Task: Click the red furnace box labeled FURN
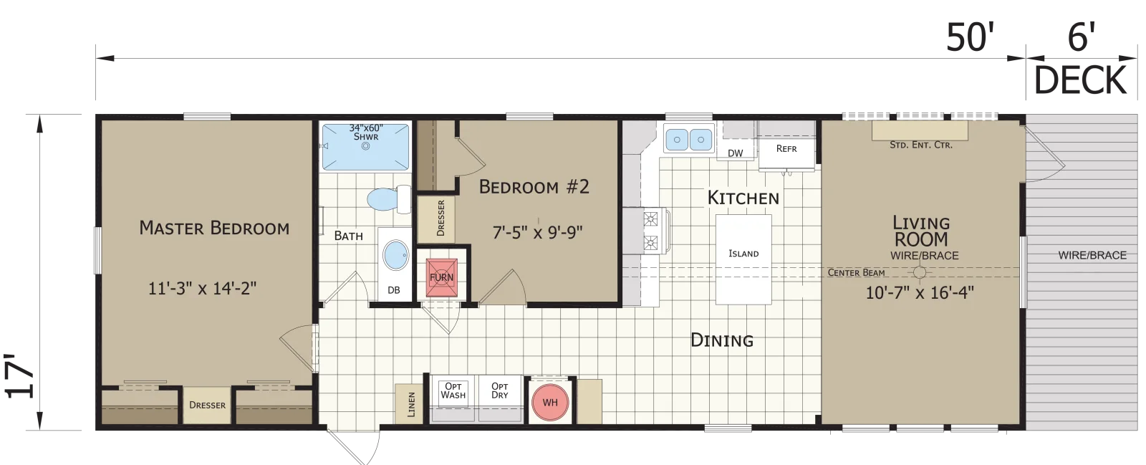click(441, 278)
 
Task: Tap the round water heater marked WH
click(550, 403)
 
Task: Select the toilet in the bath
click(390, 199)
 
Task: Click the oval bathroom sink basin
click(397, 256)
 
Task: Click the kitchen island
click(743, 259)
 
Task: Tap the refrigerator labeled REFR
click(786, 151)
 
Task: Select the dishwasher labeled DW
click(735, 151)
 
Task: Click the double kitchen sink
click(688, 138)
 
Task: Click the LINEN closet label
click(411, 404)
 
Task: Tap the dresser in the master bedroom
click(207, 405)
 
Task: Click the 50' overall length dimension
click(970, 38)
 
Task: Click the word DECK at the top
click(1081, 81)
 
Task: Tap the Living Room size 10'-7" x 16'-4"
click(920, 292)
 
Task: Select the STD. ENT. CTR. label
click(921, 145)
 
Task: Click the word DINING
click(722, 340)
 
